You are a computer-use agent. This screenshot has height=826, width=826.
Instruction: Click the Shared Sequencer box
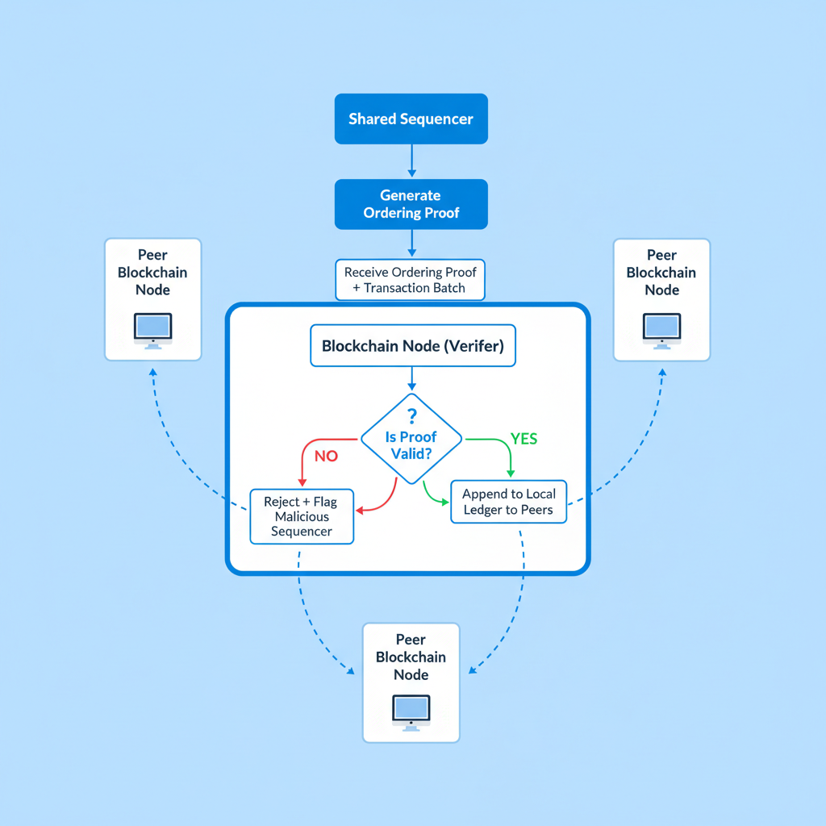(411, 119)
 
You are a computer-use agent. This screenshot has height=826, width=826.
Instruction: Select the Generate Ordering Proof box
(411, 204)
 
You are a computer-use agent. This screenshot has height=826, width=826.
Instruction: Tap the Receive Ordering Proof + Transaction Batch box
(411, 280)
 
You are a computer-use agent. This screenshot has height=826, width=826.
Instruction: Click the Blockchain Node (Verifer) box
(411, 346)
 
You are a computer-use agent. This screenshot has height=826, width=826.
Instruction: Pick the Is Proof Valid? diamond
(411, 440)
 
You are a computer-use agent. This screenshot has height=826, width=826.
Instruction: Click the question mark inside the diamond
(411, 416)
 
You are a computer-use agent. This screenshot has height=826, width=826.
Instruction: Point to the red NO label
(326, 456)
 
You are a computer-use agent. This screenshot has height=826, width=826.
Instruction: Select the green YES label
(524, 439)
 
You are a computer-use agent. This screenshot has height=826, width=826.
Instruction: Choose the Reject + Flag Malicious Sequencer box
(301, 516)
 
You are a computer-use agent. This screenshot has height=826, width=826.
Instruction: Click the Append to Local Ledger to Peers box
(508, 502)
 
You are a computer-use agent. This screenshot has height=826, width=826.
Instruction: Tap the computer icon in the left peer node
(152, 328)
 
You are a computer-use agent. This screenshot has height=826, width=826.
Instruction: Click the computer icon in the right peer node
(661, 328)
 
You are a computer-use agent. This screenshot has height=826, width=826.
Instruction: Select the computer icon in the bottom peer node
(411, 711)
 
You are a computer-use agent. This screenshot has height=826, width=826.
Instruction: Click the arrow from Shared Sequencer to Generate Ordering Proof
(411, 161)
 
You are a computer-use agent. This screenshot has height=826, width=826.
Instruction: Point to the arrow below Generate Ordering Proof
(411, 244)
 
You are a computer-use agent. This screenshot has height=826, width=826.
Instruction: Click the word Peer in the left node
(152, 255)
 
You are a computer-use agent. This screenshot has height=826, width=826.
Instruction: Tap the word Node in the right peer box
(661, 290)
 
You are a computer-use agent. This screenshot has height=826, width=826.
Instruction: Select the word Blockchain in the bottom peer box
(411, 657)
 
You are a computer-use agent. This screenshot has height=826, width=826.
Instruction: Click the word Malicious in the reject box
(301, 516)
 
